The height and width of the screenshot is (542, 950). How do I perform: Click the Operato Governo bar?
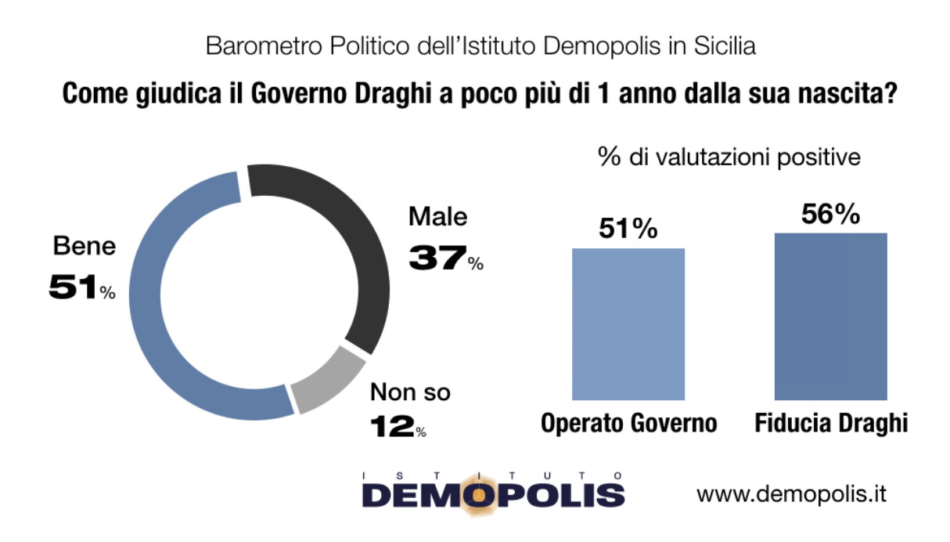click(628, 324)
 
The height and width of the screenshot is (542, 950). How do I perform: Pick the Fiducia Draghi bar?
click(830, 316)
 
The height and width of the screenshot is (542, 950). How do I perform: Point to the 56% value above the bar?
click(830, 214)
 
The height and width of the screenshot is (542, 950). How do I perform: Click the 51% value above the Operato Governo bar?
click(628, 229)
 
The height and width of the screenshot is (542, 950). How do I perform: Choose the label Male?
click(437, 217)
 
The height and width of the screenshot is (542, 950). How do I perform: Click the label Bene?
click(84, 247)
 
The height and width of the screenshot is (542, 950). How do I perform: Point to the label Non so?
click(410, 392)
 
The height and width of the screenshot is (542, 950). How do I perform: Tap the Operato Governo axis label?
click(628, 424)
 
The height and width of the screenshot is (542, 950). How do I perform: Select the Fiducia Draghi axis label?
click(831, 424)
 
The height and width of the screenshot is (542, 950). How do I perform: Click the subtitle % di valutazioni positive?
click(729, 157)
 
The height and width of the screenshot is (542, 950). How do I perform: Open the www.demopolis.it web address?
click(791, 494)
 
